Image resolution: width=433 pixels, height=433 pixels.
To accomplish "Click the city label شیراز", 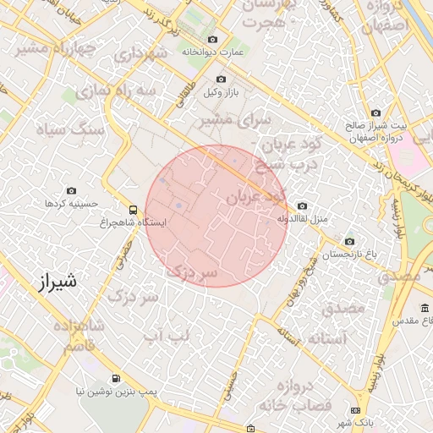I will (x=57, y=282).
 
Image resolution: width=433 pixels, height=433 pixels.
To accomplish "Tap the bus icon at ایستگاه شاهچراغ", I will (x=132, y=209).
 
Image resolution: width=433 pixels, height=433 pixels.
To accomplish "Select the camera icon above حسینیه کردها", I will (x=71, y=191).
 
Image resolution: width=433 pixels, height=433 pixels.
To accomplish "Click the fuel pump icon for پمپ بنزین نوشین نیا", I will (x=115, y=378).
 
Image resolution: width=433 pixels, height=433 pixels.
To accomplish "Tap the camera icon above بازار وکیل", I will (x=221, y=79).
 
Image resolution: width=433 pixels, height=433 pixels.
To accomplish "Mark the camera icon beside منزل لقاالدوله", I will (x=303, y=206).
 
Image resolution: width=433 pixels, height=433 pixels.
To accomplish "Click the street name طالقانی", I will (x=187, y=90).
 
